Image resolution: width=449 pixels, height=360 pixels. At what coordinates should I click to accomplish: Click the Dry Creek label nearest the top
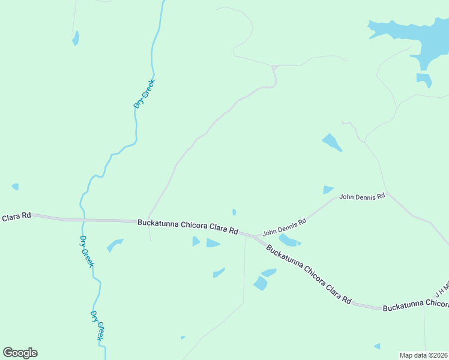click(x=144, y=94)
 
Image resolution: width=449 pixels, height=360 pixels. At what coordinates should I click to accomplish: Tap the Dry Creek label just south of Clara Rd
click(x=87, y=251)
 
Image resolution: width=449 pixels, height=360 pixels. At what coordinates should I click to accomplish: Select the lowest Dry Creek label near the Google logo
click(x=97, y=326)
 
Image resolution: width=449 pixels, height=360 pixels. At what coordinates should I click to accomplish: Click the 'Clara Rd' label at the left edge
click(x=16, y=216)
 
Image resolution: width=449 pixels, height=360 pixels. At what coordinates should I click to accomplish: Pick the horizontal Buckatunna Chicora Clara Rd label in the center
click(x=188, y=226)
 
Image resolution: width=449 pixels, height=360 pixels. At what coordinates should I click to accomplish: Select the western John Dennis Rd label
click(x=285, y=226)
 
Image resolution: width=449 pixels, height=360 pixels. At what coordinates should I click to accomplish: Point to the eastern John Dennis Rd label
click(x=362, y=196)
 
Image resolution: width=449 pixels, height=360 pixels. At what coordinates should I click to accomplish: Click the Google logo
click(x=20, y=353)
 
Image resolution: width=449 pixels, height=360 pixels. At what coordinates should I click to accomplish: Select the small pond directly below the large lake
click(x=424, y=79)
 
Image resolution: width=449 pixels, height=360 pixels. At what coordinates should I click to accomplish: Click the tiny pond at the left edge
click(x=15, y=187)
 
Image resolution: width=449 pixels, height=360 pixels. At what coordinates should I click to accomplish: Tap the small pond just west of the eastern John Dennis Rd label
click(x=327, y=190)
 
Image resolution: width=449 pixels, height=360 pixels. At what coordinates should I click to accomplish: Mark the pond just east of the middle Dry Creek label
click(x=114, y=245)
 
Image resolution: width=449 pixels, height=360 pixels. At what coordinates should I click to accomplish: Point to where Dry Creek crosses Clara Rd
click(x=82, y=220)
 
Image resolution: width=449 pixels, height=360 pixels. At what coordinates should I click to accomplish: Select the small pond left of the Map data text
click(x=377, y=346)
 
